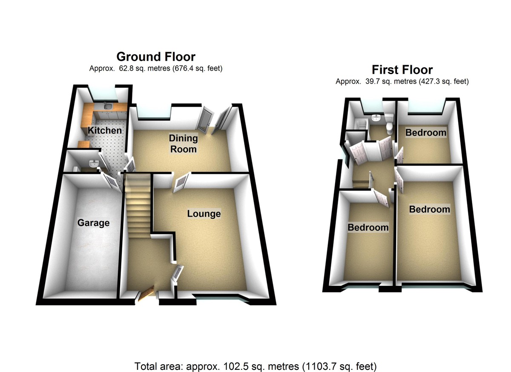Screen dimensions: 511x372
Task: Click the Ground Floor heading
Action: tap(156, 57)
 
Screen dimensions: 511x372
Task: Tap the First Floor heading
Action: tap(402, 70)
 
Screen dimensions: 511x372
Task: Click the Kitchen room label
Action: tap(105, 130)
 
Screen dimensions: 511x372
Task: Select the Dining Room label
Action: tap(184, 144)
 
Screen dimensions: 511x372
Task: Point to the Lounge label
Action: tap(204, 213)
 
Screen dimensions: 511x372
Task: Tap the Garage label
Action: tap(93, 223)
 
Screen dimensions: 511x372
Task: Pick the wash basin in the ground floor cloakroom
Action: tap(94, 163)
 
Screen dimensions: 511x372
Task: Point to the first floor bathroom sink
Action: tap(376, 118)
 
